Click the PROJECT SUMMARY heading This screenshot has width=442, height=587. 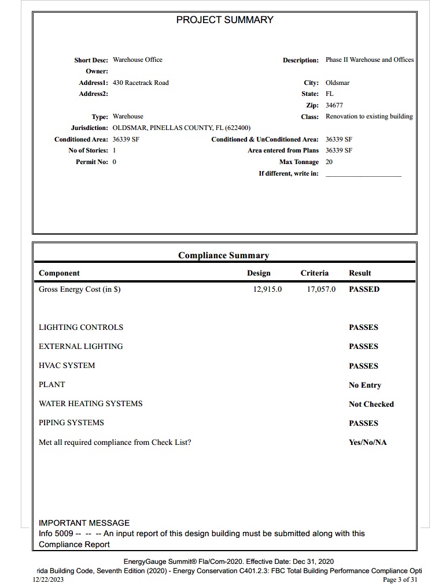(x=224, y=20)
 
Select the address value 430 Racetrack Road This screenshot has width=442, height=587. (x=141, y=83)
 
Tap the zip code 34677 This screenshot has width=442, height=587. (x=334, y=105)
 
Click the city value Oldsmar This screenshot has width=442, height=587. (x=337, y=83)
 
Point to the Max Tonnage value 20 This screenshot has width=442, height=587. (x=329, y=162)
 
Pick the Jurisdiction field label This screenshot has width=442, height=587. (x=89, y=128)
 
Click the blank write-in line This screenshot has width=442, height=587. (x=363, y=174)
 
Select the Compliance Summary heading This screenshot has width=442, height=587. (x=223, y=255)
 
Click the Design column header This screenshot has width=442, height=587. (x=259, y=273)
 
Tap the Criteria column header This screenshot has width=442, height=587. (x=314, y=273)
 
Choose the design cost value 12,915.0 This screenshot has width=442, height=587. (x=267, y=289)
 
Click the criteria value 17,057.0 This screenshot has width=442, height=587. (x=321, y=289)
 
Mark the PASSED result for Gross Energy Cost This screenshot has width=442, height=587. (x=364, y=289)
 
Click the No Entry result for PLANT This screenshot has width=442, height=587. (x=364, y=385)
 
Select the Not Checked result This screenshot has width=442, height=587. (x=371, y=404)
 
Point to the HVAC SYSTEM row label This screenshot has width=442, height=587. (x=67, y=366)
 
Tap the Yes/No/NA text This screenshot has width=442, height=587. (x=367, y=443)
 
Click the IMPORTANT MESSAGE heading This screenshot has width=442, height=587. (x=84, y=523)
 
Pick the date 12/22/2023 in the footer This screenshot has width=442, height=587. (x=48, y=579)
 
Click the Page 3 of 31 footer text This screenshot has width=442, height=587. (x=400, y=579)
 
